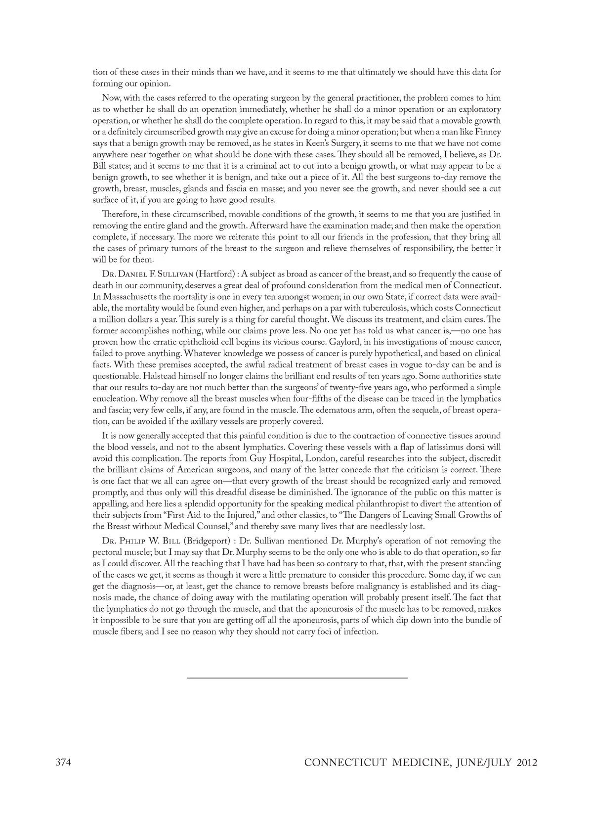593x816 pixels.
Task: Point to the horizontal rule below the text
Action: [x=297, y=678]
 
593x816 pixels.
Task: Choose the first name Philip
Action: [x=134, y=541]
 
